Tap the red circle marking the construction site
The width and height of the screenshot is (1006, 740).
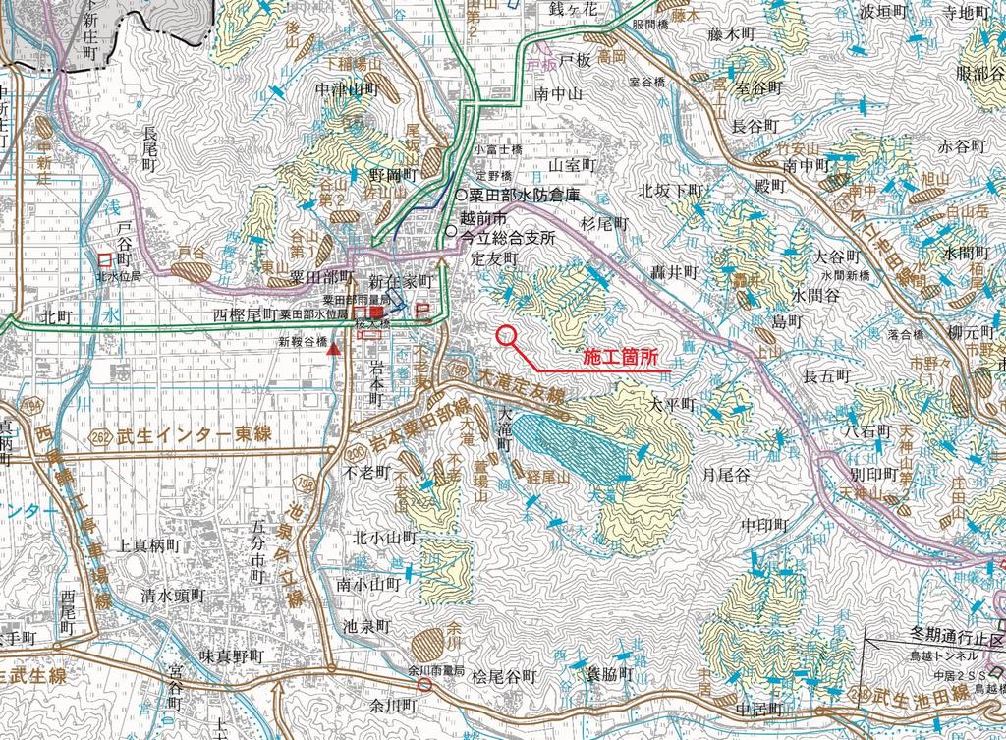tap(507, 335)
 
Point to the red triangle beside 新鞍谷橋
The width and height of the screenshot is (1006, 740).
tap(335, 349)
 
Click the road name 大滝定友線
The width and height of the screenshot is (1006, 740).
tap(521, 388)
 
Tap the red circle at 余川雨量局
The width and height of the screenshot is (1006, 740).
tap(424, 684)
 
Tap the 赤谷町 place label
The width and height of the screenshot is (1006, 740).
tap(961, 146)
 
